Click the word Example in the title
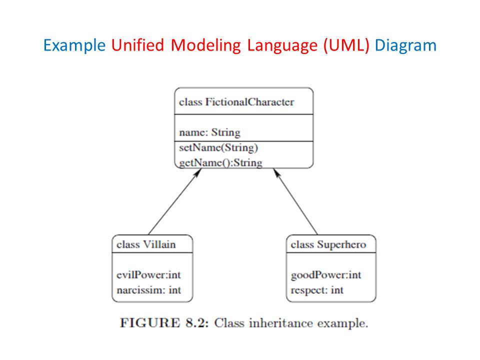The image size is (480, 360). [x=74, y=45]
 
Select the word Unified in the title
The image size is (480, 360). [x=138, y=45]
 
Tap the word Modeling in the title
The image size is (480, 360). [x=205, y=45]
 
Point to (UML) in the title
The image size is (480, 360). [x=346, y=45]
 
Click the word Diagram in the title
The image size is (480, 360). [x=405, y=45]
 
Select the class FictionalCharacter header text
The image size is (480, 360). [x=236, y=102]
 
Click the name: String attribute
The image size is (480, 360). [x=209, y=132]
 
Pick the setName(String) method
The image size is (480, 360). [x=218, y=148]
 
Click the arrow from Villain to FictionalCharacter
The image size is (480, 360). [x=175, y=201]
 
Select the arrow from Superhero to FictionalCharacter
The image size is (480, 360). [x=295, y=201]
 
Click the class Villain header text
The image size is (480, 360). [x=146, y=244]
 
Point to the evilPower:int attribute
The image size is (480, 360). [x=149, y=275]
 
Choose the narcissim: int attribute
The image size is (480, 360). [x=149, y=290]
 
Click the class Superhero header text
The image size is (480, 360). [x=328, y=245]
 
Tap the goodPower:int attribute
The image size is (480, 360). [x=326, y=275]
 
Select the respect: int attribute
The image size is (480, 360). [x=317, y=290]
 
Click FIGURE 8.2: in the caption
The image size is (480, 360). [x=164, y=323]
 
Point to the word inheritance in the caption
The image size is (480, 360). [x=281, y=323]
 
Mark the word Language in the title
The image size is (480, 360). [x=282, y=45]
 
